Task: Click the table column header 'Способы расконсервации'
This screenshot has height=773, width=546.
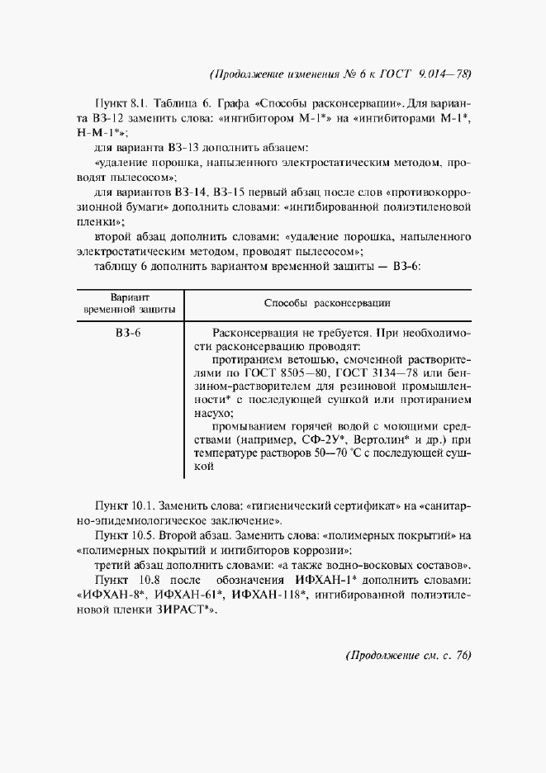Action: pyautogui.click(x=327, y=303)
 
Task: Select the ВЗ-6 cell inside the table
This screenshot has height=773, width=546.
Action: pyautogui.click(x=130, y=332)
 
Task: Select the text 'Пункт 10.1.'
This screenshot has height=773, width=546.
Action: pyautogui.click(x=124, y=505)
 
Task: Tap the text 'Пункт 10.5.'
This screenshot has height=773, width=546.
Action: pyautogui.click(x=124, y=534)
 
